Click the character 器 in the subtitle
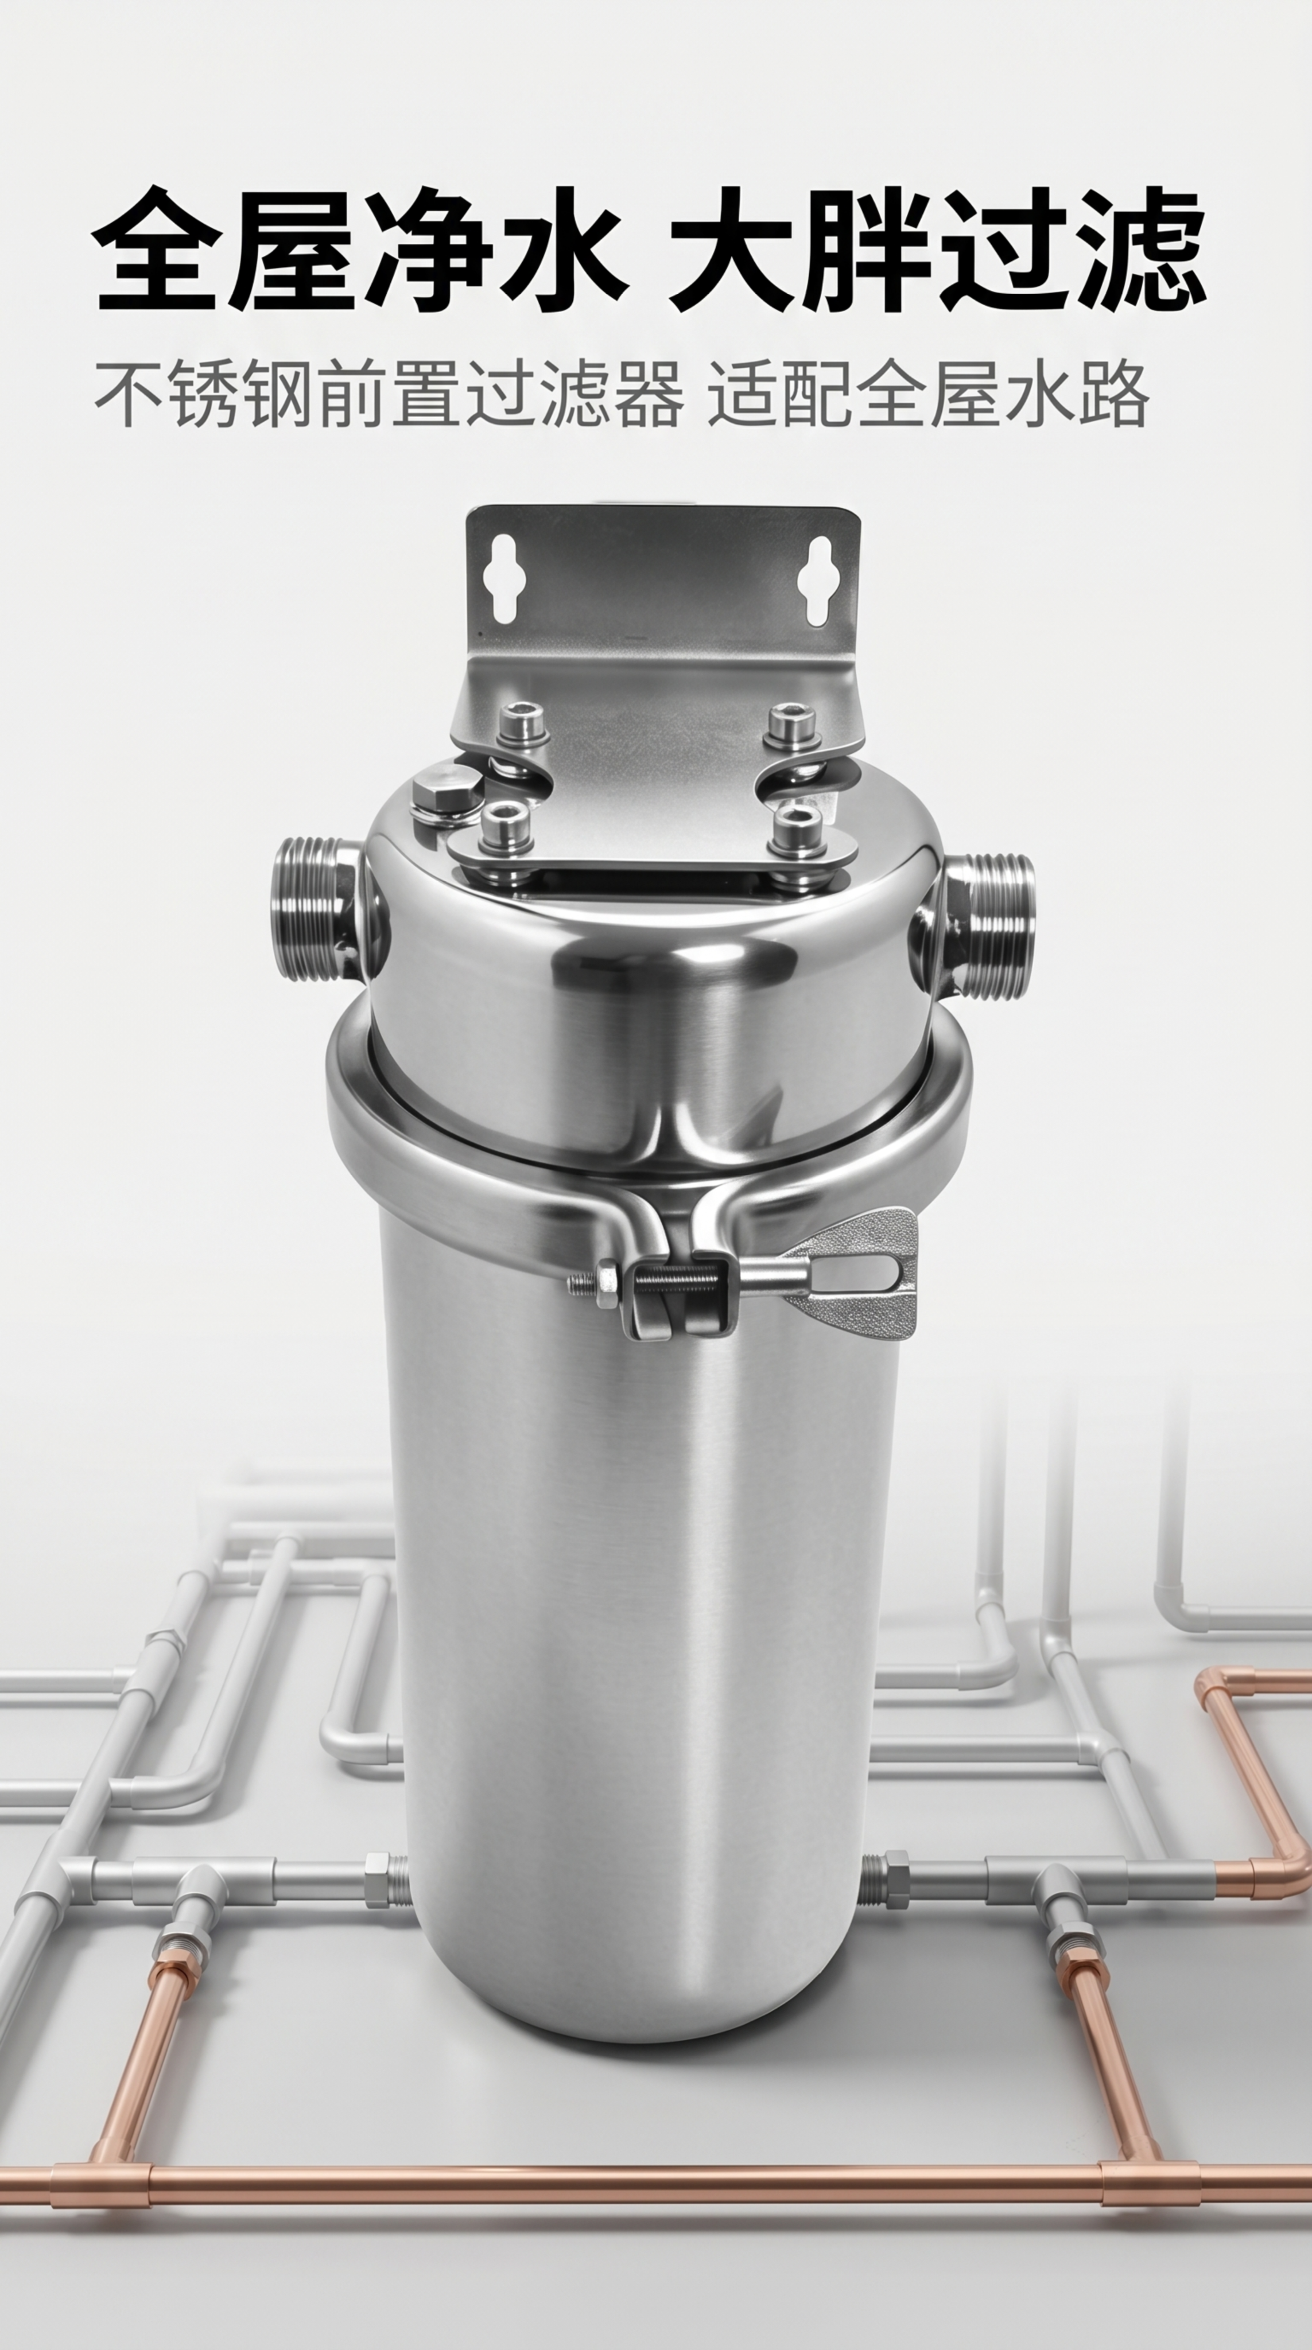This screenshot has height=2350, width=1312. click(x=650, y=394)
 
